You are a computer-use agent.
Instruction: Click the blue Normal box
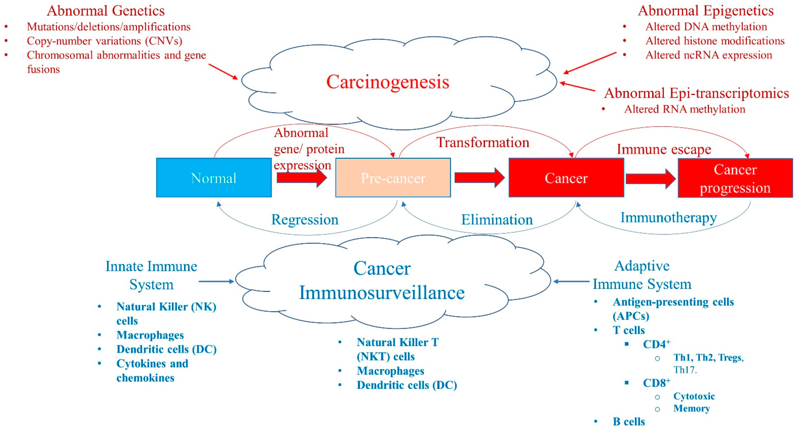coord(214,178)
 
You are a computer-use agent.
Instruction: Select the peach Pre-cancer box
coord(393,178)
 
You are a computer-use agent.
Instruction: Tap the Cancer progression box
coord(735,178)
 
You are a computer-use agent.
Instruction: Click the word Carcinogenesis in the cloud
coord(388,82)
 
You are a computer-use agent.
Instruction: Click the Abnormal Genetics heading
coord(106,11)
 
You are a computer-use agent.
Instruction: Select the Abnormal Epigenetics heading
coord(706,11)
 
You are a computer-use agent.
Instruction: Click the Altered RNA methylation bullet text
coord(684,109)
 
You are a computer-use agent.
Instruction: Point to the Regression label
coord(305,220)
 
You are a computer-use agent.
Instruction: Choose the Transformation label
coord(483,142)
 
